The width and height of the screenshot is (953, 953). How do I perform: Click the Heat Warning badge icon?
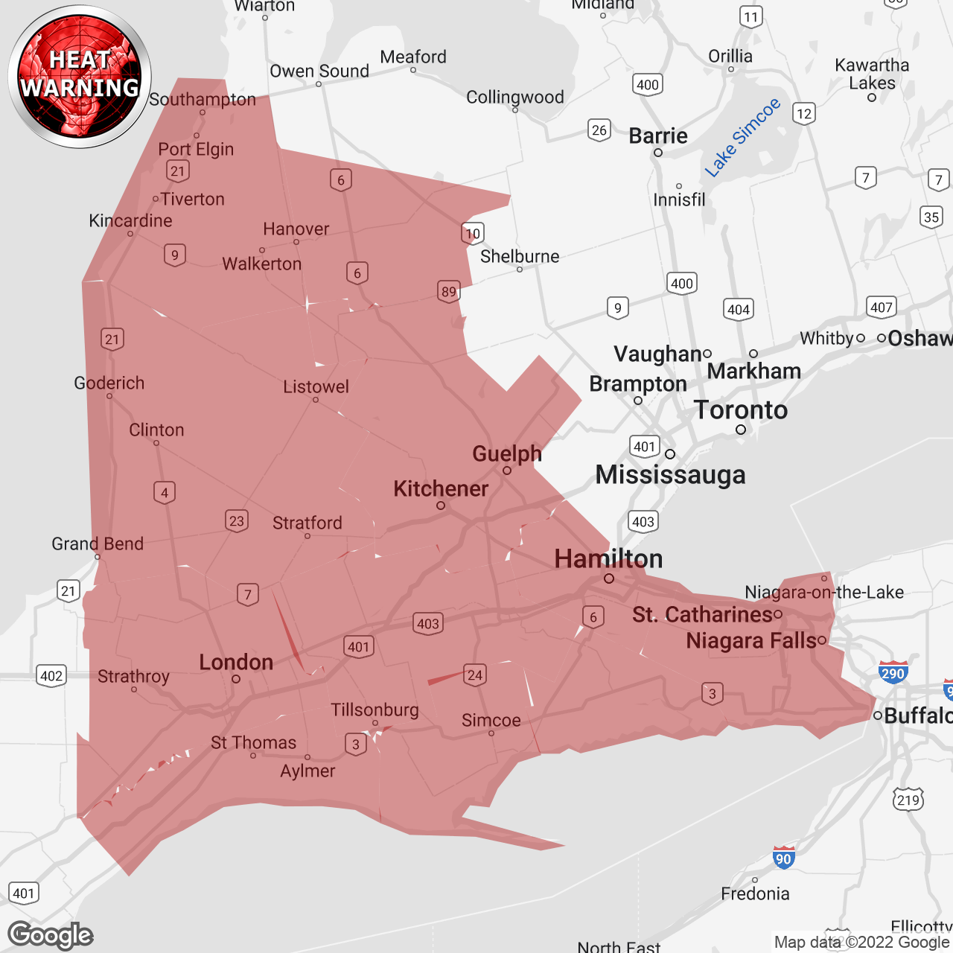click(x=80, y=77)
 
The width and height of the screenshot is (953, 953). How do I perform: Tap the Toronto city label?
click(x=741, y=410)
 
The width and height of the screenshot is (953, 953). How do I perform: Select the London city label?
click(x=236, y=662)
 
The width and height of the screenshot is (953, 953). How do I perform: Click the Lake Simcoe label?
click(x=743, y=138)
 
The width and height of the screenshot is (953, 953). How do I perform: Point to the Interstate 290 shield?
click(x=893, y=672)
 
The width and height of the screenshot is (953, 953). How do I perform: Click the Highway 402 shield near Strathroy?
click(x=51, y=676)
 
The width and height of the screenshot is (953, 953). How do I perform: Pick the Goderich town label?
click(x=109, y=383)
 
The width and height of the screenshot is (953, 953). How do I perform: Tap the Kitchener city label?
click(x=441, y=489)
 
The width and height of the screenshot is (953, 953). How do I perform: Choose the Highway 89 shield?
click(x=449, y=292)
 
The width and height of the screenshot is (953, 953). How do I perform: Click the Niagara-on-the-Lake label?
click(x=824, y=593)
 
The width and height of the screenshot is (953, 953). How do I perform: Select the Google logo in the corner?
click(x=51, y=935)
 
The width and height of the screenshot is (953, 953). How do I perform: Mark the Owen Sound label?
click(x=319, y=71)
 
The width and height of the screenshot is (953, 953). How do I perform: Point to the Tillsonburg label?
click(x=375, y=710)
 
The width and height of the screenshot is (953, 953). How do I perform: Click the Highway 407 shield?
click(x=882, y=307)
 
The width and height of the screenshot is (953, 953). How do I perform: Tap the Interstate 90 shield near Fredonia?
click(x=783, y=858)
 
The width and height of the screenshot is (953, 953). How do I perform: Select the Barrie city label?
click(x=658, y=136)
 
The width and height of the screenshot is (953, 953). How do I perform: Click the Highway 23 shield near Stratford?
click(x=237, y=521)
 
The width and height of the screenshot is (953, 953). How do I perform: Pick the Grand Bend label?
click(x=98, y=544)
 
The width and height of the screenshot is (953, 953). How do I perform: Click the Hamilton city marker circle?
click(x=609, y=579)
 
